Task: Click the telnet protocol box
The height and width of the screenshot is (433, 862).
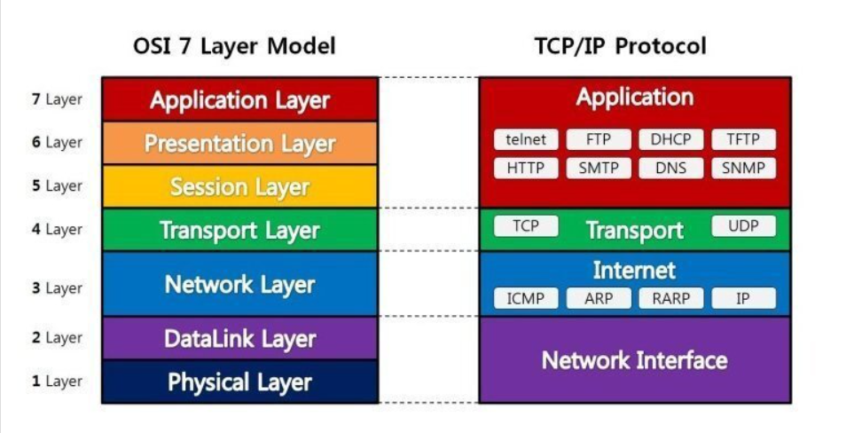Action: click(527, 139)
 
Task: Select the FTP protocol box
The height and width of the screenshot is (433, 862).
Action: click(599, 139)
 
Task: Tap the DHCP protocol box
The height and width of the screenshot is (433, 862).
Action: click(670, 139)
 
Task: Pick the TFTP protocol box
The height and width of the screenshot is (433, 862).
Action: click(743, 139)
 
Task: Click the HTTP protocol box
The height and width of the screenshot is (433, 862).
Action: click(527, 168)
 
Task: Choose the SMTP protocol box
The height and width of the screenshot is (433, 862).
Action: click(599, 168)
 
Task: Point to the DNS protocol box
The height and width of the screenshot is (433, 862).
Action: click(670, 168)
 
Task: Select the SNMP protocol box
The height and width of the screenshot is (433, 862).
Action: click(743, 168)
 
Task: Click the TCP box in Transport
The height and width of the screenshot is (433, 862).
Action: click(526, 226)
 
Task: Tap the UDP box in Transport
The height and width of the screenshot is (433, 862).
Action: click(743, 226)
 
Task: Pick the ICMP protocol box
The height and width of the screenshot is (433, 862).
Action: click(526, 298)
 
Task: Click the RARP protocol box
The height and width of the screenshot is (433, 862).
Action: click(670, 298)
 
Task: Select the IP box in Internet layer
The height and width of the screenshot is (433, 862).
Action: click(743, 298)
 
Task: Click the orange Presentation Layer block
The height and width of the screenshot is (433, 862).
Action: click(239, 143)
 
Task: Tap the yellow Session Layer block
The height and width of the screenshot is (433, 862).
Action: click(239, 187)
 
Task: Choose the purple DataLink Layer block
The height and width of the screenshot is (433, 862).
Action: click(239, 338)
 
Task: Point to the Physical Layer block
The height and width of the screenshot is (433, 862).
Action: click(239, 382)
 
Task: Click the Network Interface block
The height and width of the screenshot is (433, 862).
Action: click(634, 359)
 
